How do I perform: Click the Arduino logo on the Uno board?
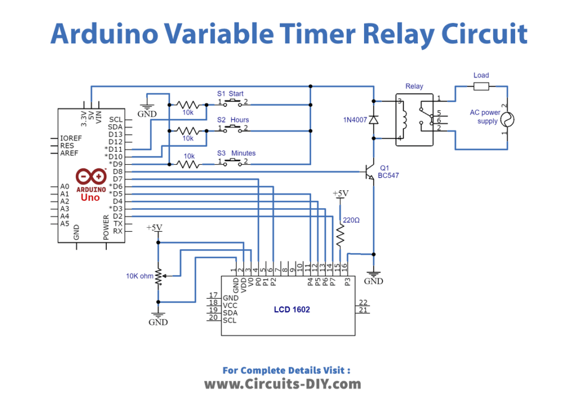point(90,176)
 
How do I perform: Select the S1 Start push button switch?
point(231,103)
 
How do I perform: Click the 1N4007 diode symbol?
point(374,119)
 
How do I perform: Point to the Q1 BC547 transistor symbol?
point(368,172)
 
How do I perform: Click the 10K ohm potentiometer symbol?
point(159,276)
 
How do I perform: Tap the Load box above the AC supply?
point(481,86)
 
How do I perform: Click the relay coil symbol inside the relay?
point(403,119)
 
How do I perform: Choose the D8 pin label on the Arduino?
point(117,171)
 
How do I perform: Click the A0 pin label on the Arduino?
point(65,186)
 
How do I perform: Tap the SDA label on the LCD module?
point(230,312)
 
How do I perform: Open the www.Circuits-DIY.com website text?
point(283,384)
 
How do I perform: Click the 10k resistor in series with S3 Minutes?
point(189,164)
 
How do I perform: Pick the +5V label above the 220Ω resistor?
point(340,193)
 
